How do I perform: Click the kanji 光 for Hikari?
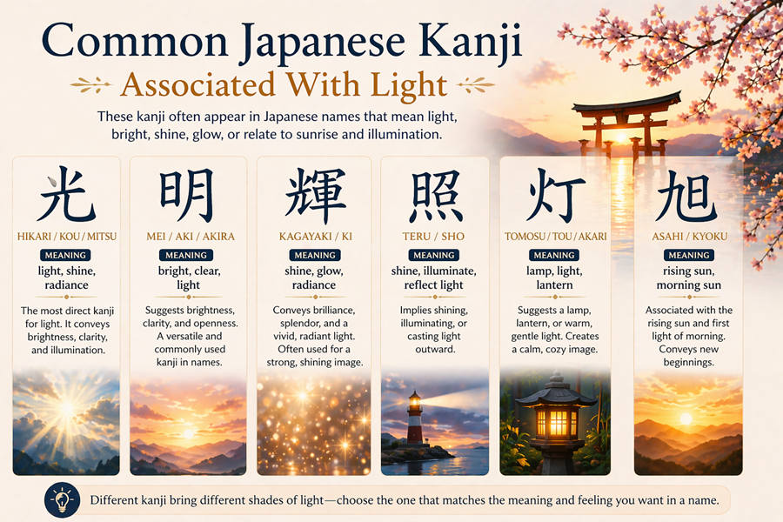tap(66, 196)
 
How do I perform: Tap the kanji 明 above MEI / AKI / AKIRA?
tap(186, 196)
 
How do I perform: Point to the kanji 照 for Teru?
tap(434, 196)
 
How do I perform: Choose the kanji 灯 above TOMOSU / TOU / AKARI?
tap(555, 196)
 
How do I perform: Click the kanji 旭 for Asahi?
tap(687, 196)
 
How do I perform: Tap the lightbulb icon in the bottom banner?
tap(62, 499)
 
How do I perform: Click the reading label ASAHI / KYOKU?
tap(688, 236)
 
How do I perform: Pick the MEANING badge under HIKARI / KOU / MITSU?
tap(66, 255)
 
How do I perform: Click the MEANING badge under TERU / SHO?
tap(434, 255)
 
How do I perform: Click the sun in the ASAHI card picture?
tap(686, 418)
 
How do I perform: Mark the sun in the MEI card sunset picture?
tap(186, 432)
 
